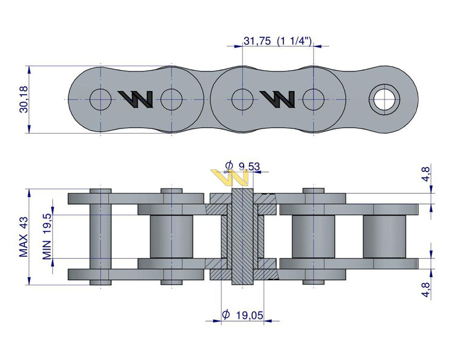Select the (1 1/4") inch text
pyautogui.click(x=293, y=41)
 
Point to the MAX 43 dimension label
pyautogui.click(x=24, y=237)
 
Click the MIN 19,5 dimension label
pyautogui.click(x=47, y=236)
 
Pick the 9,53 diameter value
pyautogui.click(x=249, y=166)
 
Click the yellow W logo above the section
pyautogui.click(x=230, y=177)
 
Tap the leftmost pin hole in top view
pyautogui.click(x=100, y=98)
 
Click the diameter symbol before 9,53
pyautogui.click(x=229, y=166)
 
